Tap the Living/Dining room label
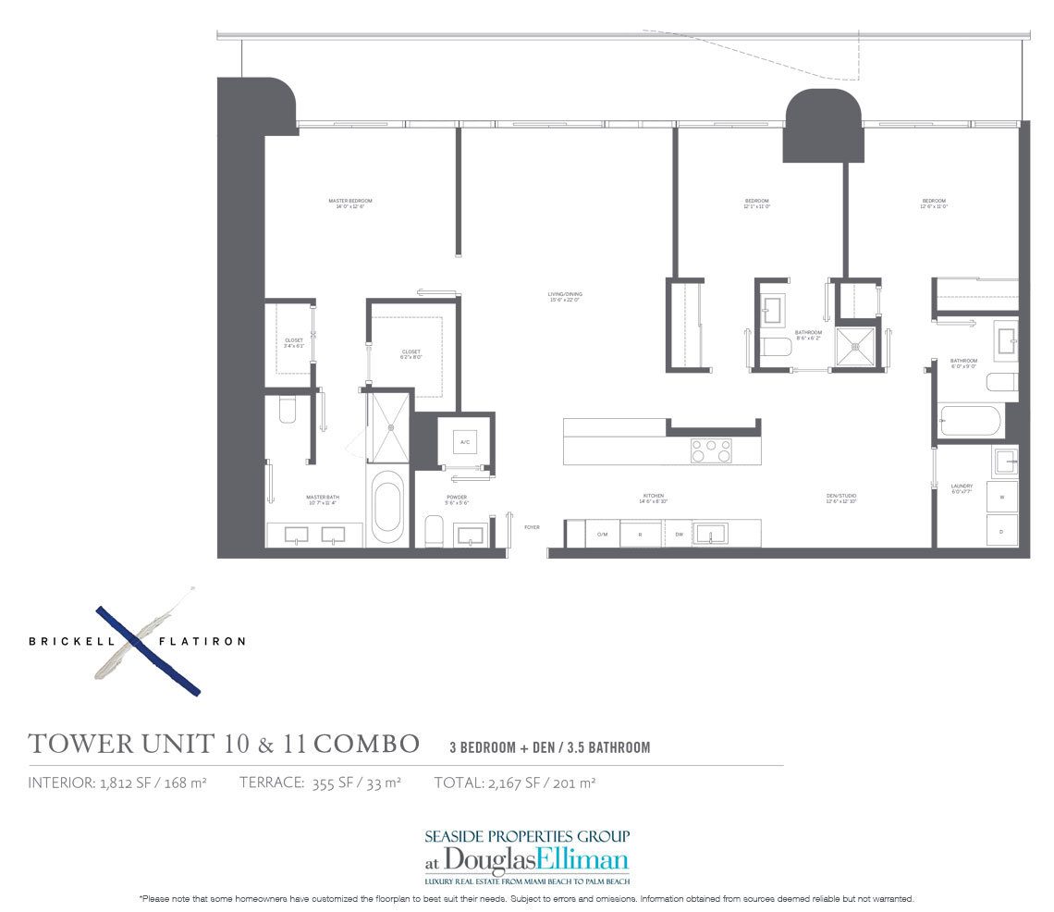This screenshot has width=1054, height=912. point(565,296)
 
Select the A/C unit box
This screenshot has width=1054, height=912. point(464,442)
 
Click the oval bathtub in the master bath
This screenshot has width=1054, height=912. point(387,507)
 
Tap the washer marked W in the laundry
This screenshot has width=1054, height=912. point(1002,497)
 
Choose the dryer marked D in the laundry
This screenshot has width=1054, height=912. point(1002,531)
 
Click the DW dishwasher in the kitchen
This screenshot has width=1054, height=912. point(679,534)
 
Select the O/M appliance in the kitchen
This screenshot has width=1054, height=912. point(602,534)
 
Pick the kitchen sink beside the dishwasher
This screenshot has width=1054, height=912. point(712,533)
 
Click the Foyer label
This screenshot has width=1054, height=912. point(532,527)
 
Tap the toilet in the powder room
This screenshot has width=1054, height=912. point(435,531)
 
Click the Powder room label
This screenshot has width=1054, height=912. point(457,499)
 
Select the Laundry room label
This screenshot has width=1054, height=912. point(962,487)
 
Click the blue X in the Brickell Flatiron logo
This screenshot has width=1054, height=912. point(149,649)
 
